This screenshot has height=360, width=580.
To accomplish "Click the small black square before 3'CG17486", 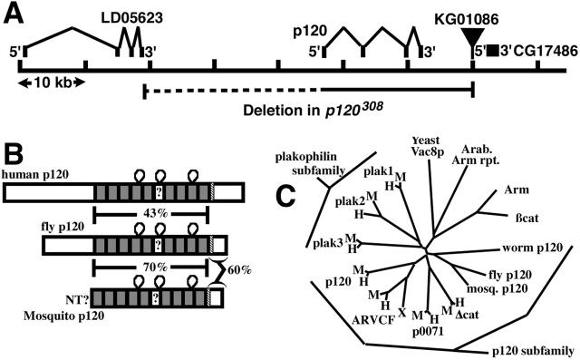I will [x=492, y=50].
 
